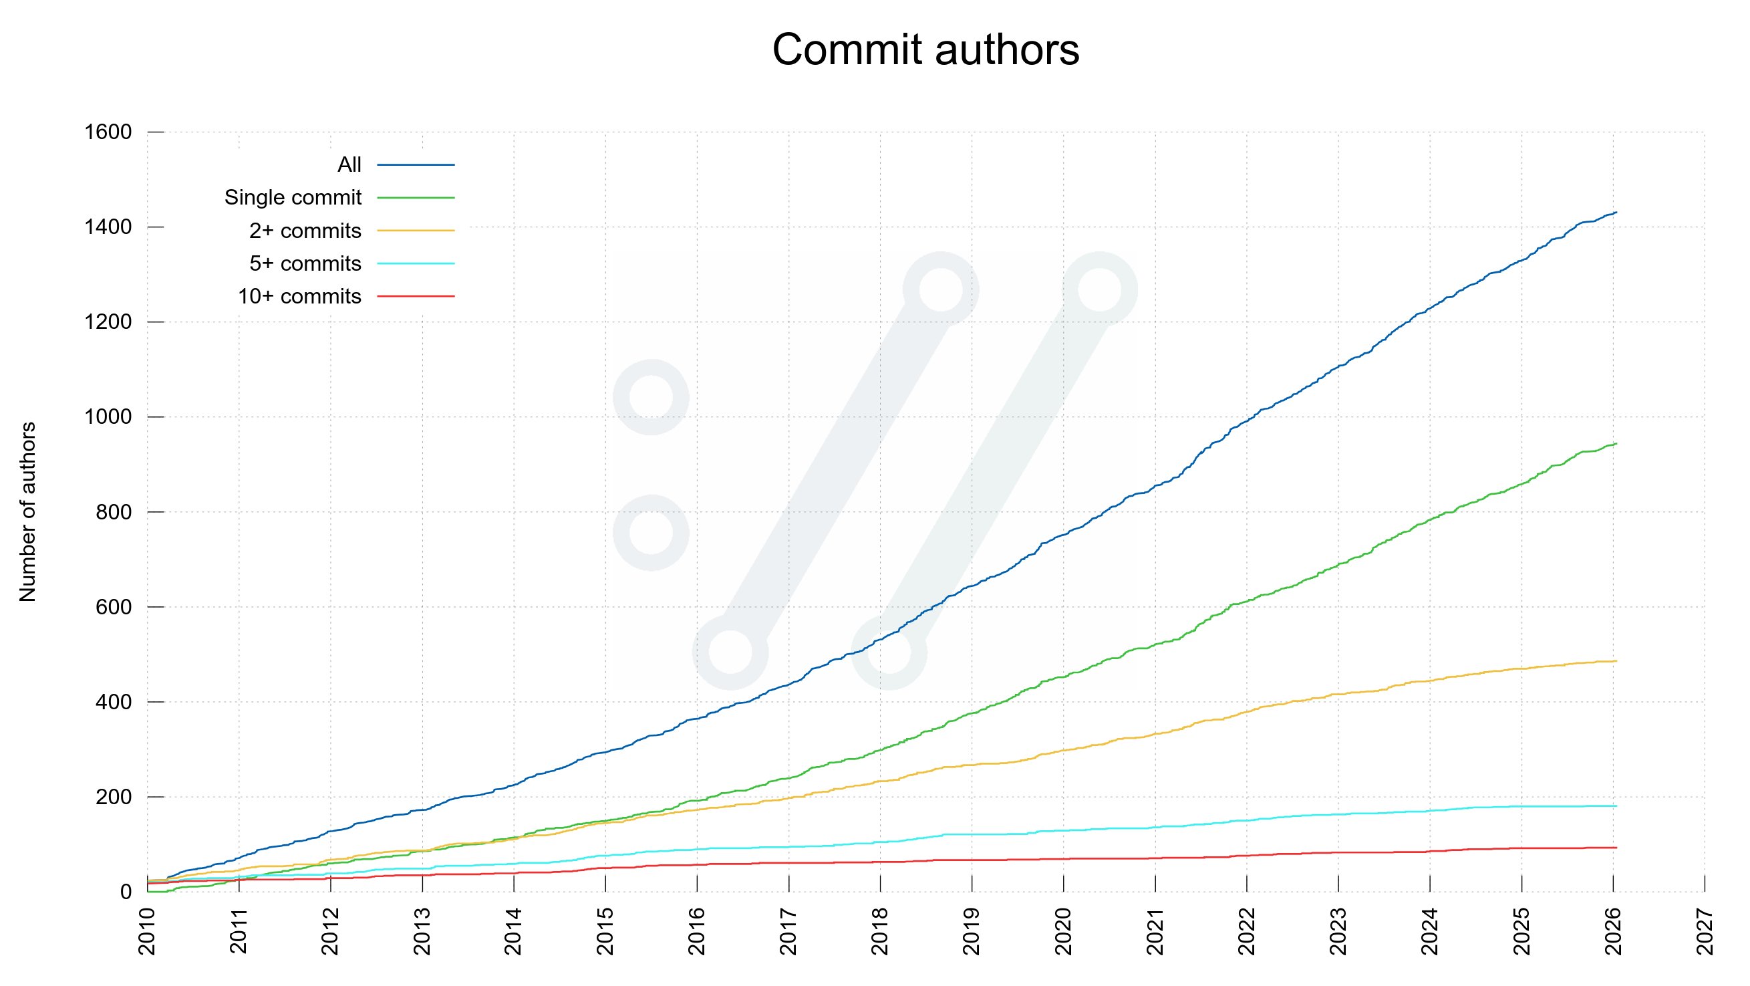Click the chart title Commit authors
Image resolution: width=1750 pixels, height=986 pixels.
(x=925, y=49)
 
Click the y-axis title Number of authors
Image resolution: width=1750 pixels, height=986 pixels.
(x=27, y=511)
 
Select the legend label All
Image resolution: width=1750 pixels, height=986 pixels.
(x=349, y=164)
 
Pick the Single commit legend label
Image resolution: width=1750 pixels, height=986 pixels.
(x=293, y=198)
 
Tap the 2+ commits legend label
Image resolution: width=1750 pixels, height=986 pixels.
(x=305, y=231)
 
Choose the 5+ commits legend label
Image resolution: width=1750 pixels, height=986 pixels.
(x=305, y=263)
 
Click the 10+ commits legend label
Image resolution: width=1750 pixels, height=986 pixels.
(x=299, y=297)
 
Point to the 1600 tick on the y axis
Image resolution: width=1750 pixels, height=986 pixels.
(x=108, y=132)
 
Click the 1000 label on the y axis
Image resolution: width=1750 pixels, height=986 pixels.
(x=108, y=416)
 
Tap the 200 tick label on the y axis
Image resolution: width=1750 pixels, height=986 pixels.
(x=114, y=796)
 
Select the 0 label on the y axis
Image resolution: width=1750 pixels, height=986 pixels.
(x=126, y=892)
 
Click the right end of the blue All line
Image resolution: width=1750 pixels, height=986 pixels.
(x=1616, y=213)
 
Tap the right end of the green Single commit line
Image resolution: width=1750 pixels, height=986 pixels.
(x=1616, y=444)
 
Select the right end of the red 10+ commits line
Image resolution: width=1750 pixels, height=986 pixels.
(x=1616, y=848)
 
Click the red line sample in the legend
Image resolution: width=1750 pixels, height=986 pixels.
(x=416, y=297)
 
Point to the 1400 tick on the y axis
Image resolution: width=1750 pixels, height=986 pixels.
(x=108, y=227)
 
